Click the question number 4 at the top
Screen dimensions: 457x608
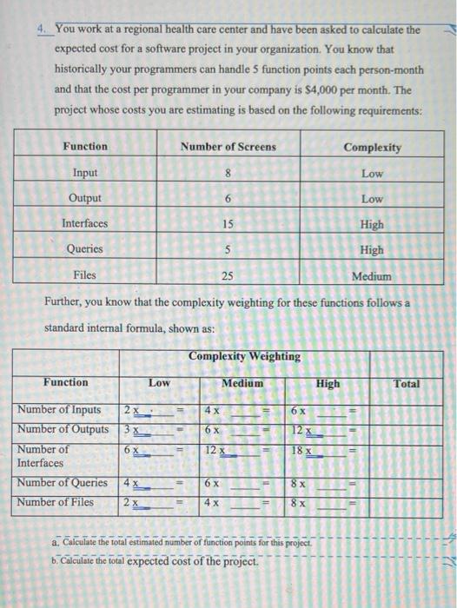pyautogui.click(x=42, y=29)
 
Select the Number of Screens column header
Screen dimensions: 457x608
pyautogui.click(x=228, y=147)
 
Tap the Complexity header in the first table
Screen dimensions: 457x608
pyautogui.click(x=372, y=148)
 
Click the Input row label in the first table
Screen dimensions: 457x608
pyautogui.click(x=85, y=174)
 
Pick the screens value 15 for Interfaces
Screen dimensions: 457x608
pyautogui.click(x=227, y=224)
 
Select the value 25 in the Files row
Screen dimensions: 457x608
pyautogui.click(x=227, y=275)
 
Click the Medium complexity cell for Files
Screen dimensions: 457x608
pyautogui.click(x=371, y=276)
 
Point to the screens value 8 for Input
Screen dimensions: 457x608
pyautogui.click(x=227, y=174)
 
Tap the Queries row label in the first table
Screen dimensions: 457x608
pyautogui.click(x=85, y=249)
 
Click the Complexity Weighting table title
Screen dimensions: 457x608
pyautogui.click(x=244, y=356)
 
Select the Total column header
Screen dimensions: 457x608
pyautogui.click(x=406, y=383)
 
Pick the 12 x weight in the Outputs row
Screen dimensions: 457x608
pyautogui.click(x=300, y=430)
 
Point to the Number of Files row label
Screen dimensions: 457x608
pyautogui.click(x=57, y=503)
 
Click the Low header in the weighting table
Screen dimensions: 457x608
pyautogui.click(x=159, y=383)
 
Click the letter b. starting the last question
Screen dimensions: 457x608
pyautogui.click(x=57, y=561)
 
